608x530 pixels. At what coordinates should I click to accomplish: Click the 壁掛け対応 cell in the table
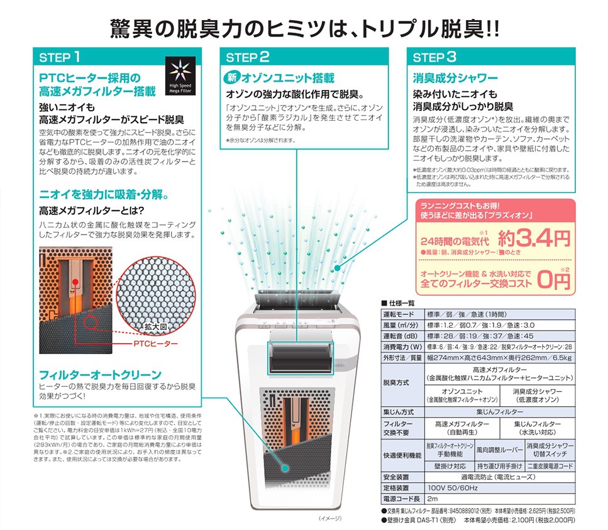pos(450,466)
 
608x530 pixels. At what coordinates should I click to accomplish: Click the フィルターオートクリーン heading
pos(100,375)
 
